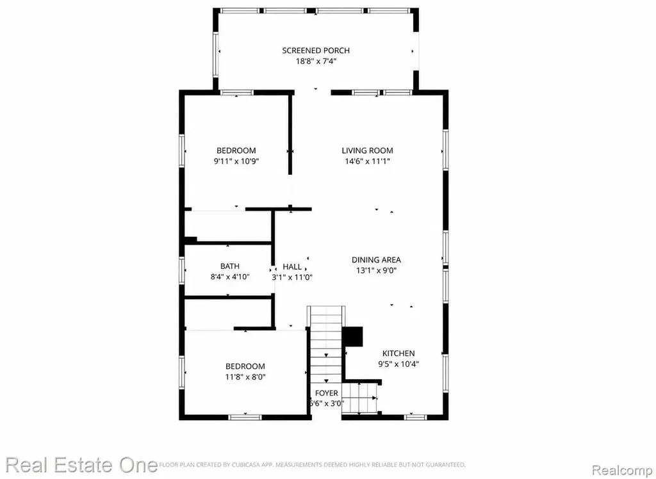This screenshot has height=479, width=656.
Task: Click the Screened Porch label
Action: [316, 51]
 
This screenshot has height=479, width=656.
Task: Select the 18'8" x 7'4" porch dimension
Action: [316, 61]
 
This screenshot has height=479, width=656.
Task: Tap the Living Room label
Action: [367, 150]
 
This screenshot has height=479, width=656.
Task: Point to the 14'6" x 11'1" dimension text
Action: [367, 161]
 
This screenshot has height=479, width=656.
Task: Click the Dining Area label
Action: [376, 260]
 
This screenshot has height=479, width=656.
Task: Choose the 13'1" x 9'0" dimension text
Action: [376, 270]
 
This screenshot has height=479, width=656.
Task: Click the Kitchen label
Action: [398, 353]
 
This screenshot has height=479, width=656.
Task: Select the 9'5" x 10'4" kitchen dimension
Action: [398, 364]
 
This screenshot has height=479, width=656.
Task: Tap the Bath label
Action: [230, 266]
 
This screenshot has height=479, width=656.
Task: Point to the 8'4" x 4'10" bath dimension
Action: [230, 277]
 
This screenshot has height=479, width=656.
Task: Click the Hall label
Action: [292, 266]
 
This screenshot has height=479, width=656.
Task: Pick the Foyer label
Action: [326, 393]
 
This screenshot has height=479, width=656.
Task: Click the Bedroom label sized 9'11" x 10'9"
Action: [236, 150]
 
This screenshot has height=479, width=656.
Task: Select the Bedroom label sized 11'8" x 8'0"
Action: [245, 366]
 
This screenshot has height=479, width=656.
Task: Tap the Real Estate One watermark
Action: [81, 465]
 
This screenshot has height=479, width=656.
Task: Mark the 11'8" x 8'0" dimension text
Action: [245, 377]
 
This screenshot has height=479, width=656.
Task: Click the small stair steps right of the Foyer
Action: [359, 398]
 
